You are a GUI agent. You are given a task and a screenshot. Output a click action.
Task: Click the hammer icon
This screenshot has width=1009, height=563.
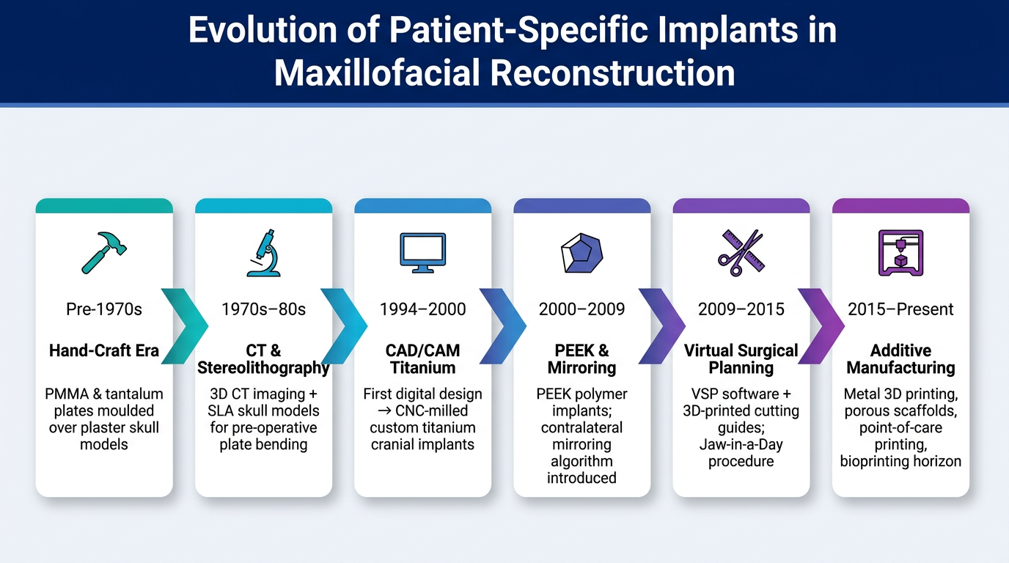pyautogui.click(x=104, y=253)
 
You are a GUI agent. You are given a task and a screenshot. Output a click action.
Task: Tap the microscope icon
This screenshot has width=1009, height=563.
pyautogui.click(x=264, y=253)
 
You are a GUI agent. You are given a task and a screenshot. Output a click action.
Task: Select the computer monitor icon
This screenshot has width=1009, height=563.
pyautogui.click(x=423, y=253)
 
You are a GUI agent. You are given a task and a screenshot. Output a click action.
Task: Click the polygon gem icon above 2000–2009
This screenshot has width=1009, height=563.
pyautogui.click(x=582, y=253)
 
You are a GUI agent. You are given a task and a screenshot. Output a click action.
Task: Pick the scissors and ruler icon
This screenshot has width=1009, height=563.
pyautogui.click(x=741, y=253)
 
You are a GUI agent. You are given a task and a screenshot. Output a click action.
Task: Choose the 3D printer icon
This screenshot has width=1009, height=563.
pyautogui.click(x=901, y=253)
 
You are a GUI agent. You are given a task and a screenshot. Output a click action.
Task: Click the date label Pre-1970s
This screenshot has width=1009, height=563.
pyautogui.click(x=104, y=309)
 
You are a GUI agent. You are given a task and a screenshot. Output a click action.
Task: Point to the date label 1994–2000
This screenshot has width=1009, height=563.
pyautogui.click(x=423, y=309)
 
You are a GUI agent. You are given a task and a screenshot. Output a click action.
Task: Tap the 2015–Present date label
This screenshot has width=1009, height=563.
pyautogui.click(x=901, y=309)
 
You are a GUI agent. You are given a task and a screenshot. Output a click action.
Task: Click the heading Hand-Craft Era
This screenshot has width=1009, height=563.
pyautogui.click(x=104, y=350)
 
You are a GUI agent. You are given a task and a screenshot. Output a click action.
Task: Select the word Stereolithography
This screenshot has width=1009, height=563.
pyautogui.click(x=263, y=368)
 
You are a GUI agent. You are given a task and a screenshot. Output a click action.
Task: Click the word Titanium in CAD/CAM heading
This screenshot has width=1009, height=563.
pyautogui.click(x=423, y=367)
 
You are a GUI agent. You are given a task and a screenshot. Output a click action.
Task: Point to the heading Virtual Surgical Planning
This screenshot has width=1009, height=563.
pyautogui.click(x=741, y=359)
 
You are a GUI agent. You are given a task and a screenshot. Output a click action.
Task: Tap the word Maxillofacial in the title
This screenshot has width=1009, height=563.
pyautogui.click(x=378, y=73)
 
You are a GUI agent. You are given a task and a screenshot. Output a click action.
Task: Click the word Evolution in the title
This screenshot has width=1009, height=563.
pyautogui.click(x=263, y=30)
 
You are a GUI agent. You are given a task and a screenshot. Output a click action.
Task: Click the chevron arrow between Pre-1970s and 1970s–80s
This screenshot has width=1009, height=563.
pyautogui.click(x=185, y=326)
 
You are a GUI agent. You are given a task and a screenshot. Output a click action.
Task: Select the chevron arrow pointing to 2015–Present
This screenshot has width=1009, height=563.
pyautogui.click(x=821, y=326)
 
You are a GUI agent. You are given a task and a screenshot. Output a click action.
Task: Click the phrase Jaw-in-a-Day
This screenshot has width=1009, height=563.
pyautogui.click(x=741, y=444)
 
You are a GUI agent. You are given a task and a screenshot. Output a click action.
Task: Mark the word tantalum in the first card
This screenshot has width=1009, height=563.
pyautogui.click(x=134, y=394)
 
